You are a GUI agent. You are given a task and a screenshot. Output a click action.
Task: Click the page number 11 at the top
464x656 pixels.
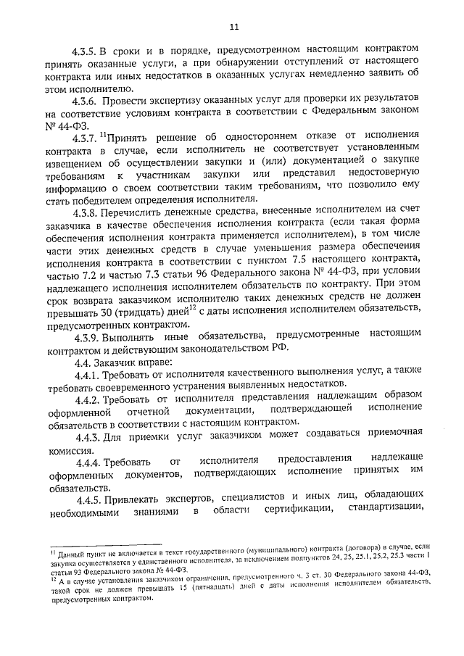click(233, 27)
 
